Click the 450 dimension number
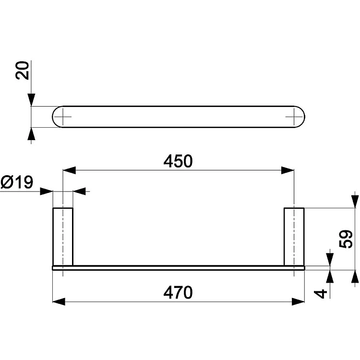pos(178,161)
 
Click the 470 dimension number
pos(178,292)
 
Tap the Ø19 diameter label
pos(17,182)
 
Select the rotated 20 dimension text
pos(22,70)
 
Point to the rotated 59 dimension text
pos(346,239)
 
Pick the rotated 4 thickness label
pos(321,294)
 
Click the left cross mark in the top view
pos(63,117)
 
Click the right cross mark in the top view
pos(294,117)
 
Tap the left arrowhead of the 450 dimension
pos(69,170)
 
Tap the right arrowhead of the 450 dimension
pos(288,170)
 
